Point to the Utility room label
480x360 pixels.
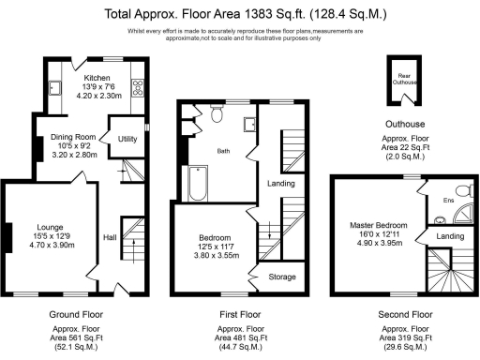pyautogui.click(x=126, y=139)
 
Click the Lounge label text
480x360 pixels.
pyautogui.click(x=50, y=226)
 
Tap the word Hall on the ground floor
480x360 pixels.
pyautogui.click(x=109, y=237)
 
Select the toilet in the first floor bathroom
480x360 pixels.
pyautogui.click(x=217, y=113)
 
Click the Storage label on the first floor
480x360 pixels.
pyautogui.click(x=282, y=277)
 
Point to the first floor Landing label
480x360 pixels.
pyautogui.click(x=278, y=184)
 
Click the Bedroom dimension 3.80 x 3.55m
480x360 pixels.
pyautogui.click(x=212, y=256)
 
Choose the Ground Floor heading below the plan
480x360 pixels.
pyautogui.click(x=76, y=315)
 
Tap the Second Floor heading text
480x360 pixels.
pyautogui.click(x=404, y=315)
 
